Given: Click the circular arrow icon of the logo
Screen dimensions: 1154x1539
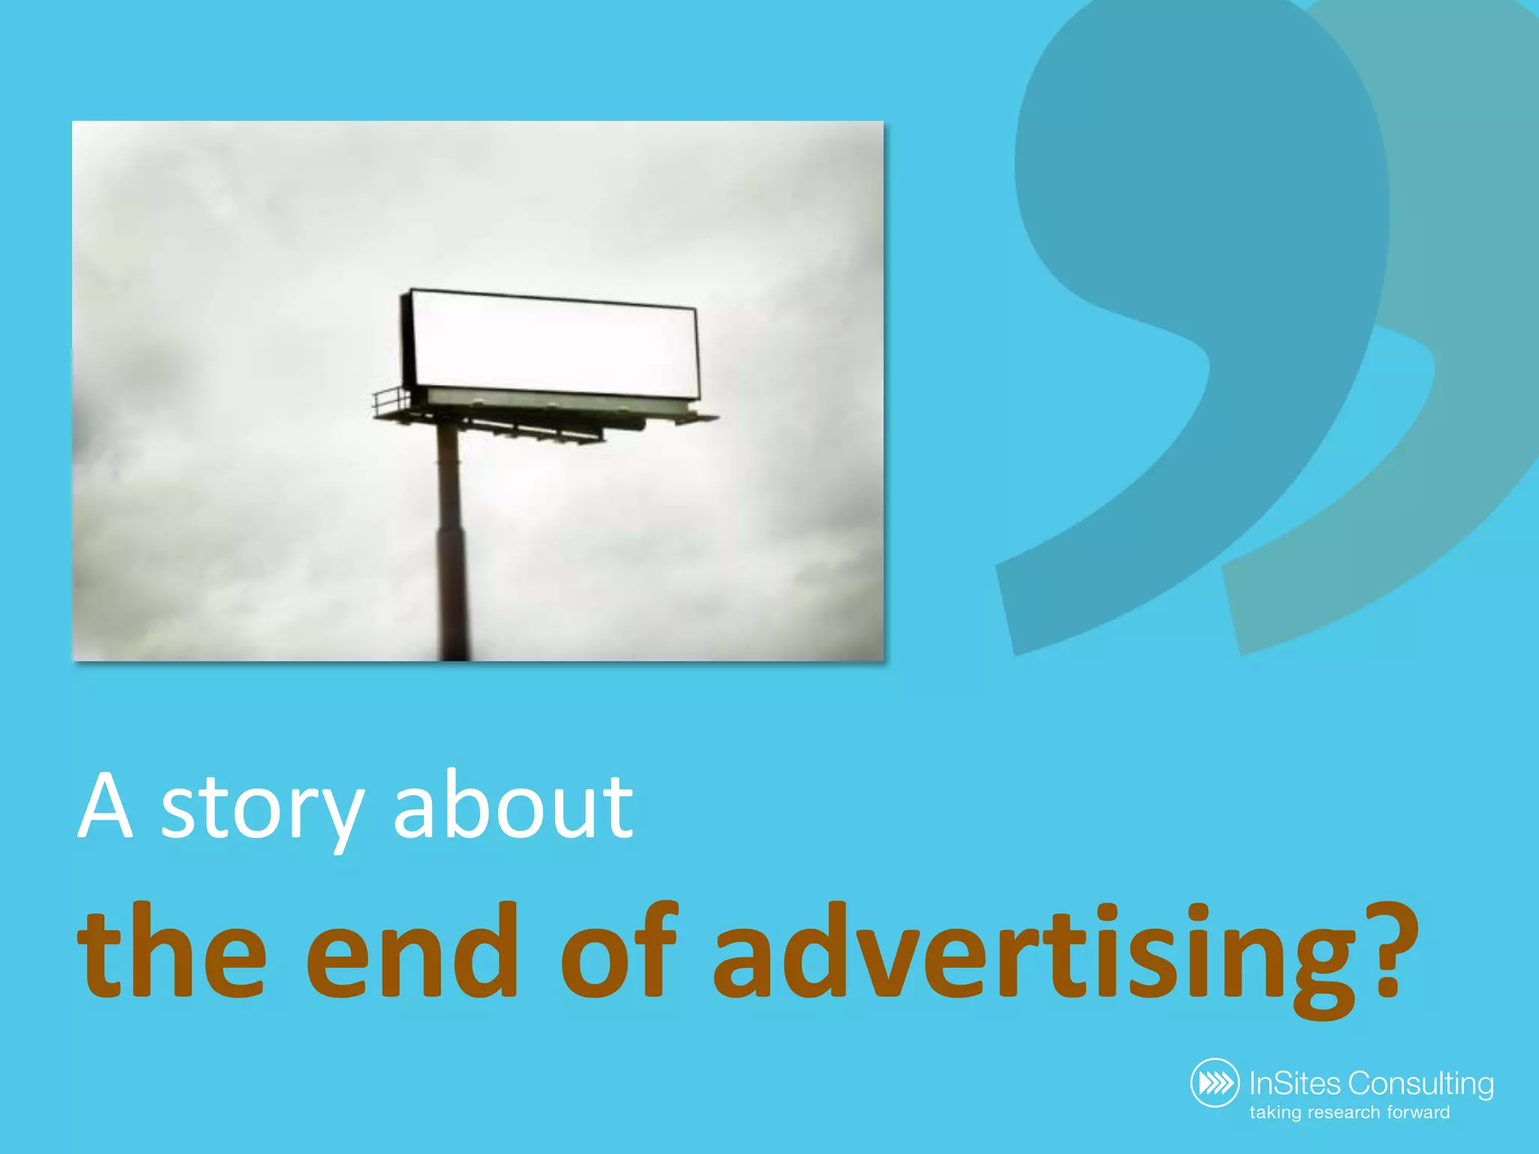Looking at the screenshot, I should [x=1215, y=1083].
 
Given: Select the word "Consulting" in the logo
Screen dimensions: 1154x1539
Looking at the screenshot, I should [x=1420, y=1084].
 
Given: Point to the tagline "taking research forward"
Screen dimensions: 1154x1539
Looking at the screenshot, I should [x=1350, y=1113].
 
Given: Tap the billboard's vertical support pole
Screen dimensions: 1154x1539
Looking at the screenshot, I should [x=450, y=541].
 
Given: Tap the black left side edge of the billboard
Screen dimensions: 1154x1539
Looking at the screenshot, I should [x=407, y=338].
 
